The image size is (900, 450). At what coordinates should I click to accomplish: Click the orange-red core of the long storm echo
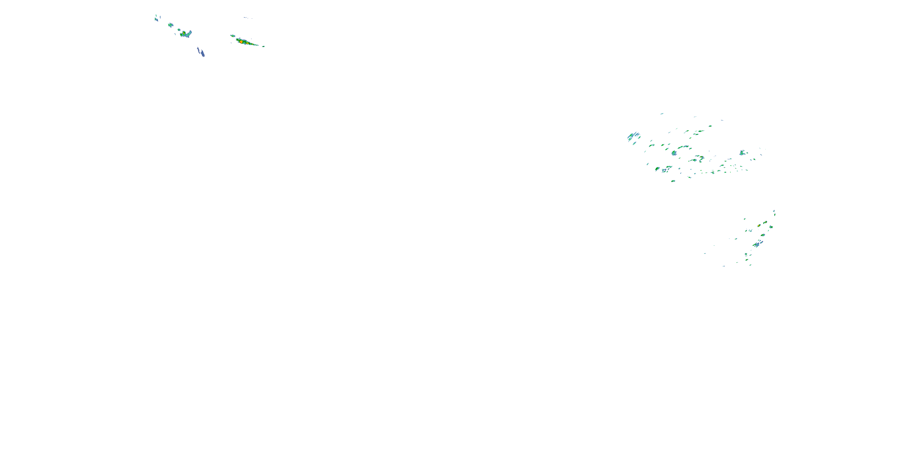coord(241,42)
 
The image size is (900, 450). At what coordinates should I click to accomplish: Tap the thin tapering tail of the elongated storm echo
coord(257,45)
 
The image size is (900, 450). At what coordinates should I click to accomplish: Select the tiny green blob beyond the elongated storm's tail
coord(263,46)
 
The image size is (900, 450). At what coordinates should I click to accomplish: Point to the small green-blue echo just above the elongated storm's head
coord(232,36)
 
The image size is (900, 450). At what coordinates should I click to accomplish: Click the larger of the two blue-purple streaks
coord(201,53)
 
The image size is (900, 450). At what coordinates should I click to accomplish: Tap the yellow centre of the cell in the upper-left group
coord(184,33)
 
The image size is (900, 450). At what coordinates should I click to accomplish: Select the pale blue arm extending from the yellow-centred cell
coord(189,33)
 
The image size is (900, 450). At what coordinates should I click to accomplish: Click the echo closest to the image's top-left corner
coord(156,19)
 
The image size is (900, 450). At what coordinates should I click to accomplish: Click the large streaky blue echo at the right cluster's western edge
coord(633,136)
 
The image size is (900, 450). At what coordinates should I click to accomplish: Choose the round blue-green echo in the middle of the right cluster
coord(674,153)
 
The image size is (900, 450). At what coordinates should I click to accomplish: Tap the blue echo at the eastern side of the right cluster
coord(742,152)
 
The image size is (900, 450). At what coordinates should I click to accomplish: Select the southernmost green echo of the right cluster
coord(673,181)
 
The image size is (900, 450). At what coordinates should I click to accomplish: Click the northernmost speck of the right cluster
coord(661,113)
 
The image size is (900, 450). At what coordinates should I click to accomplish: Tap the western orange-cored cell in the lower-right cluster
coord(759,226)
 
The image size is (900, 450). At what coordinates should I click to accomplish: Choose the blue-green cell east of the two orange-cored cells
coord(771,227)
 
